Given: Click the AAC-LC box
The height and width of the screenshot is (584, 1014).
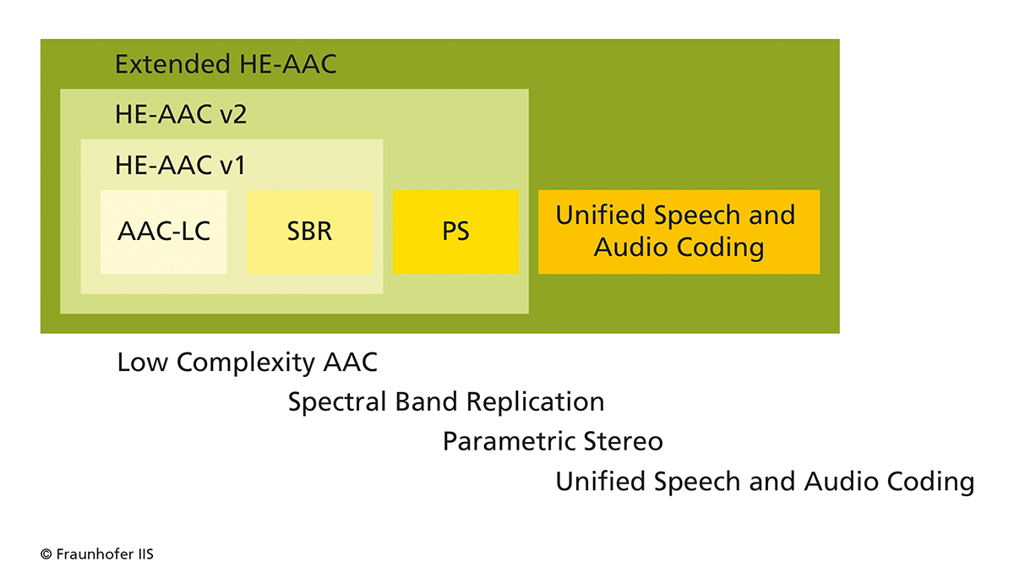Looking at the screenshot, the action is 163,232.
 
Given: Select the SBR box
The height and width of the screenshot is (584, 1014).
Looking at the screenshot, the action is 309,232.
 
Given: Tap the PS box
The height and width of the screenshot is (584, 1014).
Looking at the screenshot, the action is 455,232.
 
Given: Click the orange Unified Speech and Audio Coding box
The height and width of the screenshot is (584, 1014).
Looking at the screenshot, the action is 679,232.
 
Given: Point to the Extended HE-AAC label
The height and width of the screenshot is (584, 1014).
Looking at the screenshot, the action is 226,64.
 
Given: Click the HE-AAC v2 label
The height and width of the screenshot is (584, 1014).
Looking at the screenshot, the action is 181,114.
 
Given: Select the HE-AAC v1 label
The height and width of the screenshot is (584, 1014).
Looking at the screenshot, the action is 180,165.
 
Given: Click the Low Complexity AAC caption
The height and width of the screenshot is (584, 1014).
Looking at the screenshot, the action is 247,363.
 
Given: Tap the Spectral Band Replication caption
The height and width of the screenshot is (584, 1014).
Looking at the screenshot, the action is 446,401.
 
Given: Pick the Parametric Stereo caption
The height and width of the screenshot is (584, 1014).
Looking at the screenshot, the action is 553,441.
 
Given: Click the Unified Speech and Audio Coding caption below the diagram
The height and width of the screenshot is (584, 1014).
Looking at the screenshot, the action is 765,481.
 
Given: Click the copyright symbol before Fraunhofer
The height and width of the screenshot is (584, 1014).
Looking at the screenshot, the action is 46,554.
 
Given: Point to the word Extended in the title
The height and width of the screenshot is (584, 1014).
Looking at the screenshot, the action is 173,64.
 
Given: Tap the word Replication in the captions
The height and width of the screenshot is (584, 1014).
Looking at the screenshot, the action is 536,401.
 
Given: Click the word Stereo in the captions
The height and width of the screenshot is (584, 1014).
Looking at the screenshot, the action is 624,441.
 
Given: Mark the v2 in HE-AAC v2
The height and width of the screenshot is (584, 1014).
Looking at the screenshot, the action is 233,115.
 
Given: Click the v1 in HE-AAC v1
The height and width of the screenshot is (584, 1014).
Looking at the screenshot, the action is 232,166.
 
